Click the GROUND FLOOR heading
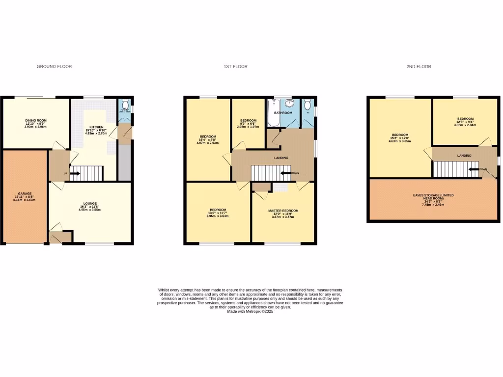[54, 66]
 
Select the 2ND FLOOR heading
[419, 66]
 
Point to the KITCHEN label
[96, 127]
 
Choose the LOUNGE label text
[89, 203]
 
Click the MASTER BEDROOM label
[283, 211]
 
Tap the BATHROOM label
[283, 113]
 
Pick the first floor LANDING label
[281, 158]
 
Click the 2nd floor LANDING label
[464, 156]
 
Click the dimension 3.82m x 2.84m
[465, 125]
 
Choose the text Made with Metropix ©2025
[251, 311]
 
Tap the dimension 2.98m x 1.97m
[248, 127]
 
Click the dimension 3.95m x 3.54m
[217, 216]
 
